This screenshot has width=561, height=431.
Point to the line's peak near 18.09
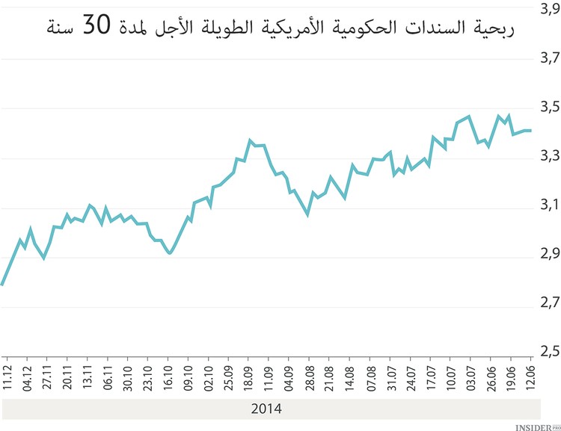250,140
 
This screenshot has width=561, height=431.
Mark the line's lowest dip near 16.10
170,253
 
